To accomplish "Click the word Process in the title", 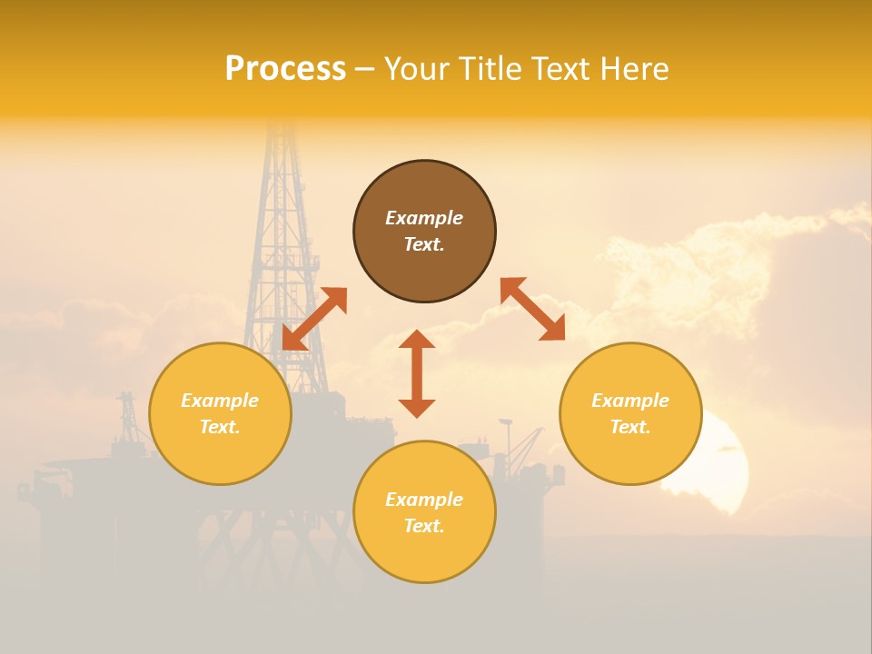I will [x=285, y=69].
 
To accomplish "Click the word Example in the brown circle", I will [x=424, y=218].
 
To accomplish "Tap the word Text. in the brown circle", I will [x=424, y=244].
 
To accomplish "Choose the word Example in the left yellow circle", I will [x=220, y=401].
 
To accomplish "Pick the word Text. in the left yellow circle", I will [x=220, y=427].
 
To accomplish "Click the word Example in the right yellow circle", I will [x=630, y=401].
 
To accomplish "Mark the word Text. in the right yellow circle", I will [x=630, y=427].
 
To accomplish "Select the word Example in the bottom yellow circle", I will [x=424, y=500].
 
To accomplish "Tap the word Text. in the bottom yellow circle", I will [x=424, y=526].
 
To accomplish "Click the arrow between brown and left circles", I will [x=314, y=319].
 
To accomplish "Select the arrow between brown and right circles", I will [x=533, y=309].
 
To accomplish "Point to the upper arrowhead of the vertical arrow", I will [x=417, y=340].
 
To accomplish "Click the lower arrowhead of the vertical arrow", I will [x=417, y=408].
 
